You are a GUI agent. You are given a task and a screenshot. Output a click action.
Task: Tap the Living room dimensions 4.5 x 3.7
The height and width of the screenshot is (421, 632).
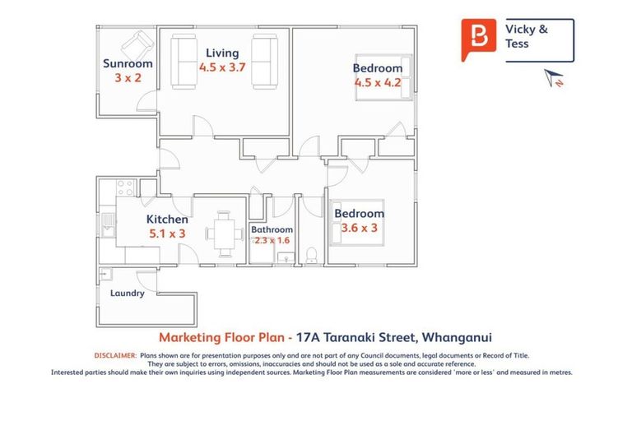click(x=222, y=67)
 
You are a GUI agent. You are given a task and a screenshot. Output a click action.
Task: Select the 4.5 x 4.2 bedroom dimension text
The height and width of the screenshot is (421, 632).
click(x=378, y=82)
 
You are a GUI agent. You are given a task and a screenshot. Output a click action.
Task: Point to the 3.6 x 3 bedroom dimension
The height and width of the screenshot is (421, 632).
click(x=359, y=228)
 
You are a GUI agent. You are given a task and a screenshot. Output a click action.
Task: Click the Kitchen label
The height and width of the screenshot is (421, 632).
click(x=167, y=219)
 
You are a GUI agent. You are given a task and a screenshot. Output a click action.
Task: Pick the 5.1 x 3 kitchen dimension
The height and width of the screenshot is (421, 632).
click(x=167, y=234)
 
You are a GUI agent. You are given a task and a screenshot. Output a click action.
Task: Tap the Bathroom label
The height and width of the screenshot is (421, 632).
click(x=272, y=229)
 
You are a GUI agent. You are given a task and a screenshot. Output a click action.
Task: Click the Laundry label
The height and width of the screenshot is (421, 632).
click(x=128, y=293)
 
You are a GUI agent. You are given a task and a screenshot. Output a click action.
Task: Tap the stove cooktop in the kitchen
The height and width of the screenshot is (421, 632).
click(x=124, y=187)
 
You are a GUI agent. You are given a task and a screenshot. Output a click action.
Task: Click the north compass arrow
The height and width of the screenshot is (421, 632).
click(x=552, y=78)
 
